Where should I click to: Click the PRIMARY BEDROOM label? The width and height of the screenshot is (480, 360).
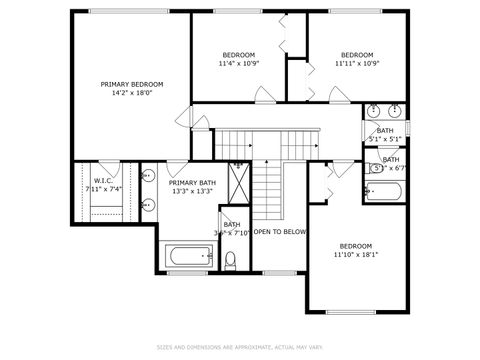(132, 84)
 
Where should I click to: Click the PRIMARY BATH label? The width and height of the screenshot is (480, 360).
(191, 183)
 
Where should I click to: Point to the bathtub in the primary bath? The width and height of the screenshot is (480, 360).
(186, 257)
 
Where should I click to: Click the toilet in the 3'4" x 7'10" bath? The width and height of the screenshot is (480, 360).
(230, 263)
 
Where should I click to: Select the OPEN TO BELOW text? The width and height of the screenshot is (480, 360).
(279, 232)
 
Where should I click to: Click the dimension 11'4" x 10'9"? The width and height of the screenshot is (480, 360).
(238, 64)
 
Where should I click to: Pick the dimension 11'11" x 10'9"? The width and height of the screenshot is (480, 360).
(357, 64)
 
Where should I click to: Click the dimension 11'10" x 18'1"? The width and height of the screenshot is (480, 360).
(356, 254)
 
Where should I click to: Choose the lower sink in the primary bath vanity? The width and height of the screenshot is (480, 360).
(149, 208)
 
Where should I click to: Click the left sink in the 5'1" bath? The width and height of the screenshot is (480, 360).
(373, 110)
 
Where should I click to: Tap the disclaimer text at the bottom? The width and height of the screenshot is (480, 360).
(239, 347)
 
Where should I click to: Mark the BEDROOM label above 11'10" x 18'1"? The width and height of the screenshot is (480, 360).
(356, 245)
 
